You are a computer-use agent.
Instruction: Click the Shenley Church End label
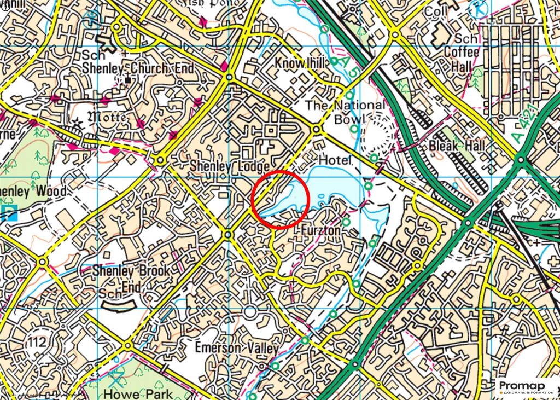[x=138, y=68]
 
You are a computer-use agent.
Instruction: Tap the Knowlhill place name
[x=299, y=63]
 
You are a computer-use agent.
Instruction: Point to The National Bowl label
[x=345, y=111]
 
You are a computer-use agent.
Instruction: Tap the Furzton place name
[x=321, y=231]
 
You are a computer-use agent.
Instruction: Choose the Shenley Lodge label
[x=230, y=166]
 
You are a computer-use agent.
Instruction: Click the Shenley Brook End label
[x=131, y=278]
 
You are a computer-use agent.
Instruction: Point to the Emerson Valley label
[x=237, y=348]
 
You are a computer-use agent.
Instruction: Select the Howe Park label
[x=138, y=392]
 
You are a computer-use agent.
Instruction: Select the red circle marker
[x=282, y=199]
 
